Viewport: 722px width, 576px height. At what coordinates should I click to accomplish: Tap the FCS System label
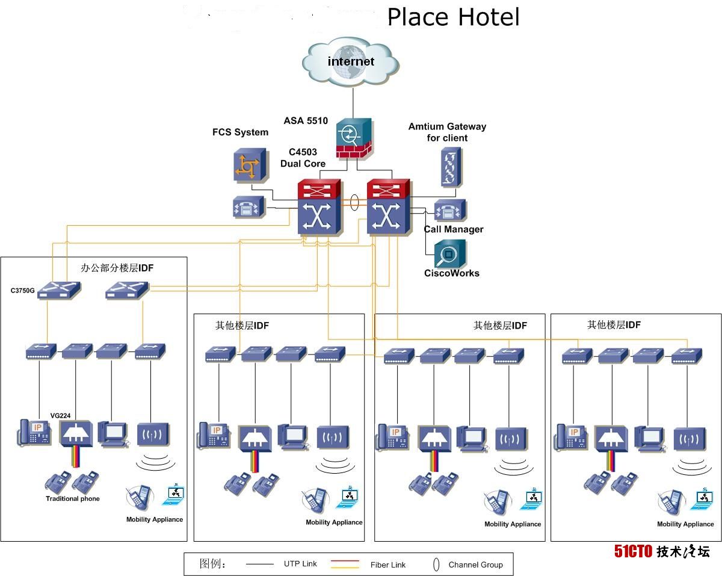tap(240, 132)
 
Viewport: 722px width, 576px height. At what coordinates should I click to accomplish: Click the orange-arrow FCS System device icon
tap(247, 165)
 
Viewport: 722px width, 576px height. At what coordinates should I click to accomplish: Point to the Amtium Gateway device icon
tap(450, 167)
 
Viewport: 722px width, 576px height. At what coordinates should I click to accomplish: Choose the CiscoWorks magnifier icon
tap(450, 254)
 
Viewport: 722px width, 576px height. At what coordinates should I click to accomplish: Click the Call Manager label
tap(453, 229)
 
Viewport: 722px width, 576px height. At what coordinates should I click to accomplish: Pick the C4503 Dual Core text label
tap(303, 158)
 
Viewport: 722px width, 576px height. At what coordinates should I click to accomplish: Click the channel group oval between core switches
tap(354, 202)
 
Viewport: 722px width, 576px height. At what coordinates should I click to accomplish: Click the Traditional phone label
tap(73, 499)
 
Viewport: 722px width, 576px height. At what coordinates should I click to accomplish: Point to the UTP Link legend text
tap(300, 564)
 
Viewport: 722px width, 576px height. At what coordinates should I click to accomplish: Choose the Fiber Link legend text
tap(388, 565)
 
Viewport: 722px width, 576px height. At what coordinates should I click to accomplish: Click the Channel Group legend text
tap(475, 565)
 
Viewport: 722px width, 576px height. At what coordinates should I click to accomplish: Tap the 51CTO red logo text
tap(633, 551)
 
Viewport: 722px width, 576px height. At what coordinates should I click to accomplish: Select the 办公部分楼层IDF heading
tap(117, 268)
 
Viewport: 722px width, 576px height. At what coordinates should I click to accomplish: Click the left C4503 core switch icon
tap(320, 208)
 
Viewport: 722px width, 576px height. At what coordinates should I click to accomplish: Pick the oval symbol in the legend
tap(436, 565)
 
